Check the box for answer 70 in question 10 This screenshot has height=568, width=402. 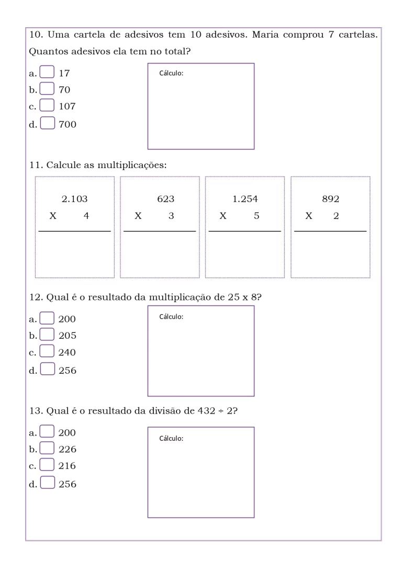(47, 89)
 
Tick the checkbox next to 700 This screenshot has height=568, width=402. (47, 124)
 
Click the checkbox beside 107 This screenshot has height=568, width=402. (47, 106)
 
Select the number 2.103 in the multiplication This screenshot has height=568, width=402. (74, 199)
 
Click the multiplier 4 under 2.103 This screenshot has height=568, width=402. (86, 216)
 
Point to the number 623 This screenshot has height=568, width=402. (165, 199)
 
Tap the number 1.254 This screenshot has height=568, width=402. (245, 199)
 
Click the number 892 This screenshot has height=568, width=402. (331, 199)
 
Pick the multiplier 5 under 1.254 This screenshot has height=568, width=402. (256, 216)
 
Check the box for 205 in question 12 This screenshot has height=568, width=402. (47, 335)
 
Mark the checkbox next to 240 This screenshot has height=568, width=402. (47, 352)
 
